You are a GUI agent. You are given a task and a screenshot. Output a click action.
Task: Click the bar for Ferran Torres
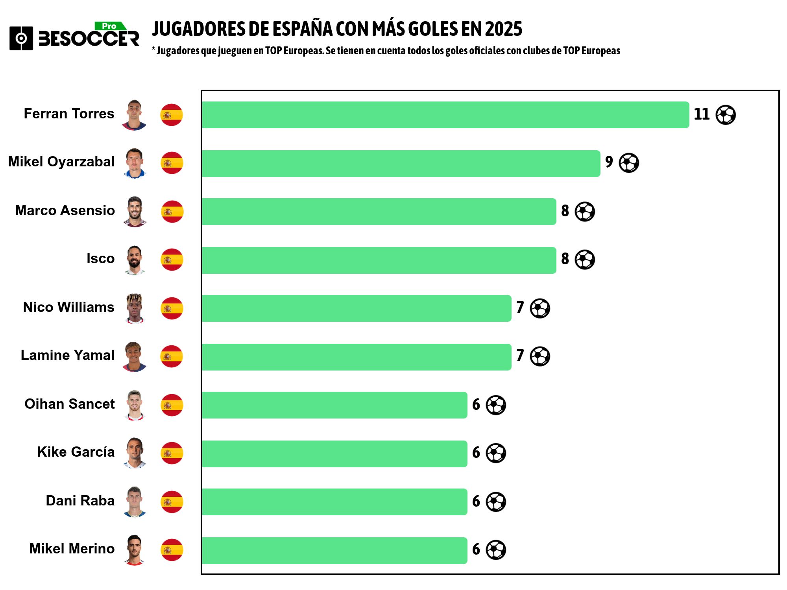click(445, 115)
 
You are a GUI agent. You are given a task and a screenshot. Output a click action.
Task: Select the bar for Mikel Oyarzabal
click(401, 164)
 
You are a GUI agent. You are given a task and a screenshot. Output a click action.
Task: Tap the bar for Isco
click(379, 260)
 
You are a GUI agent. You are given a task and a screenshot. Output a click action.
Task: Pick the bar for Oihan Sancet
click(334, 405)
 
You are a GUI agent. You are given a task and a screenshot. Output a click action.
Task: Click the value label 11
click(701, 114)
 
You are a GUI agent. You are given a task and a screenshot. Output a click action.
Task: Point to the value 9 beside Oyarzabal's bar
click(609, 162)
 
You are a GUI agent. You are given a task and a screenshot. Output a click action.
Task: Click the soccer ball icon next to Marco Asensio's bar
click(585, 212)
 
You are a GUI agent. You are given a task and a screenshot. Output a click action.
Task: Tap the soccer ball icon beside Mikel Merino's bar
click(496, 550)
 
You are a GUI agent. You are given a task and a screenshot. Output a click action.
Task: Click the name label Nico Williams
click(68, 307)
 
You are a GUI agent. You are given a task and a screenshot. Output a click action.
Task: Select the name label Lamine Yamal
click(67, 355)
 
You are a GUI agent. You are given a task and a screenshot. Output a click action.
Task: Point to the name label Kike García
click(76, 452)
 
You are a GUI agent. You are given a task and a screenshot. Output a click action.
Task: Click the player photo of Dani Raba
click(135, 501)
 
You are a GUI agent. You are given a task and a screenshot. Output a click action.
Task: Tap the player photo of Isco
click(135, 260)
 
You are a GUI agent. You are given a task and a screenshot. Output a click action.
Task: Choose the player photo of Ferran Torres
click(134, 115)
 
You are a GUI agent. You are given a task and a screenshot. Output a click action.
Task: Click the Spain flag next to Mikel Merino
click(172, 550)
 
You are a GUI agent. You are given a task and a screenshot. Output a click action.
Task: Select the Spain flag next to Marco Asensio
click(172, 212)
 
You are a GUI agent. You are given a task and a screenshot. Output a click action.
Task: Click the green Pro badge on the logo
click(110, 26)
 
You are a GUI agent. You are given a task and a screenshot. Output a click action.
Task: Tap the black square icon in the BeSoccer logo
click(21, 38)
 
